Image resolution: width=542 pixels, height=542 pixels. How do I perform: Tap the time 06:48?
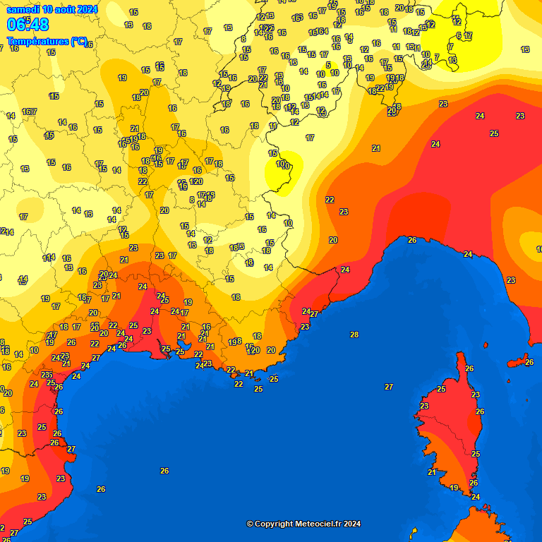[28, 25]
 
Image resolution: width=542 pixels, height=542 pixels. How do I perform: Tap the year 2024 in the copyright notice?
[352, 524]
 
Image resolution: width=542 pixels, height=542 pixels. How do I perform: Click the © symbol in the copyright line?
[249, 524]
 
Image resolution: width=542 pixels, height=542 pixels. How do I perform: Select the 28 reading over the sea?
[354, 335]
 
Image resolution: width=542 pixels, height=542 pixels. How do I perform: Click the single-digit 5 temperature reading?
[328, 65]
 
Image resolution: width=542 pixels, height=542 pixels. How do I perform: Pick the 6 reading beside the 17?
[459, 35]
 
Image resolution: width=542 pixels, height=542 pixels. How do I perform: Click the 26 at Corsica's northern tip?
[469, 368]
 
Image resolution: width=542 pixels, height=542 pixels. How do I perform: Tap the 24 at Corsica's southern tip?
[476, 497]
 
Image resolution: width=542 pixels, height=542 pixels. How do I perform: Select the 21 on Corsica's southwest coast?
[432, 472]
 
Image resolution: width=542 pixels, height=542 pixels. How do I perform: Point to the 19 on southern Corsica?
[454, 488]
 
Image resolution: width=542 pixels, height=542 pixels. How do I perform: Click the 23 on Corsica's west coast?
[424, 406]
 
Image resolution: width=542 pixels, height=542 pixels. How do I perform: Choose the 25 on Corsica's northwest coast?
[441, 389]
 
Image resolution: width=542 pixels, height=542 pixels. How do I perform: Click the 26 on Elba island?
[529, 362]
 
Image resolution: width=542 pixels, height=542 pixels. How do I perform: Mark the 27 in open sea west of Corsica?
[389, 387]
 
